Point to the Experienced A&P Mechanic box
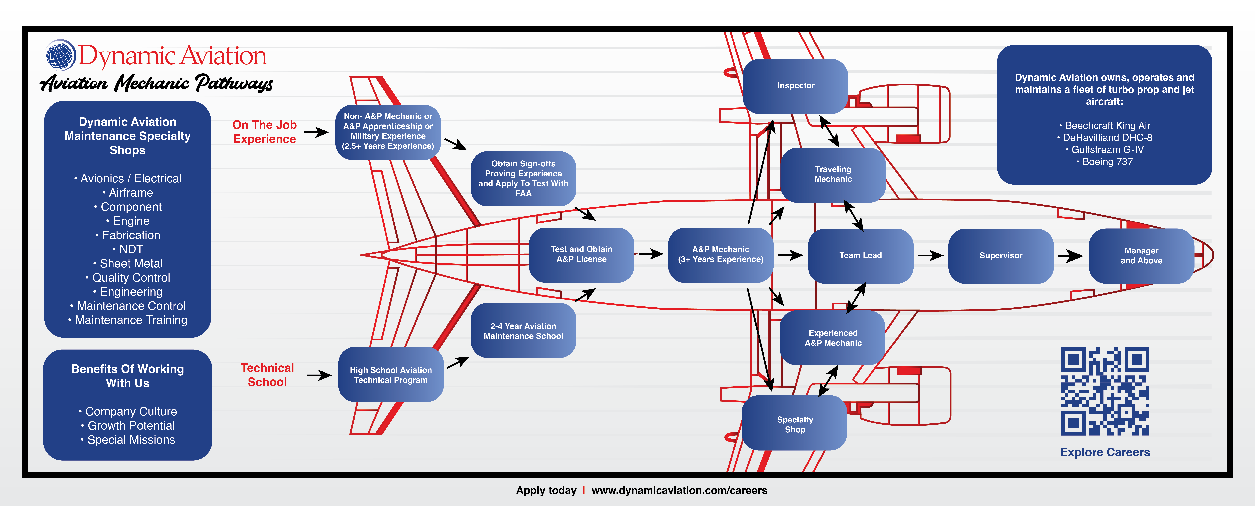point(833,338)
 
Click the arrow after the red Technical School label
point(319,375)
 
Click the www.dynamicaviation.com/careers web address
point(679,490)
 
